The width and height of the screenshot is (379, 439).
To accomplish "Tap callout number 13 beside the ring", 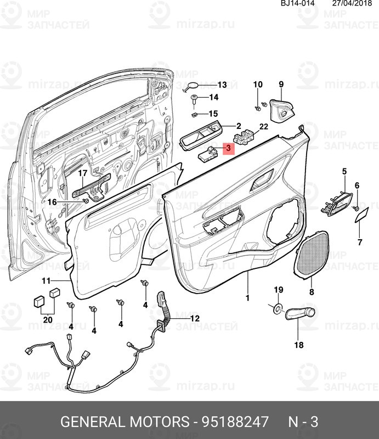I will click(222, 85).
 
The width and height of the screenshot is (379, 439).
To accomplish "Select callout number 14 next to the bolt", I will click(213, 98).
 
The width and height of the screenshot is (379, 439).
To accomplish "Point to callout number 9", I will click(281, 84).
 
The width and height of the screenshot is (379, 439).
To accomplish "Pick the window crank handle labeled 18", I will click(299, 314).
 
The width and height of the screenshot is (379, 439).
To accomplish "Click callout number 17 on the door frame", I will click(82, 175).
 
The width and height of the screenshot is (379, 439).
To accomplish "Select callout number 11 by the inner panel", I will click(46, 281).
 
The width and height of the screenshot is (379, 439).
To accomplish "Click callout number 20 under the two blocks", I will click(48, 319).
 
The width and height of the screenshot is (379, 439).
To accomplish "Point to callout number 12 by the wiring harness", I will click(195, 319).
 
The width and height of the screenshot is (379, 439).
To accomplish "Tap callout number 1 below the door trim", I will click(247, 298).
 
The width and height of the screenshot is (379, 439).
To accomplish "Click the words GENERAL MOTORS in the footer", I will click(123, 423).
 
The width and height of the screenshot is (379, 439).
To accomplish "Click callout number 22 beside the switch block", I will click(263, 127).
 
